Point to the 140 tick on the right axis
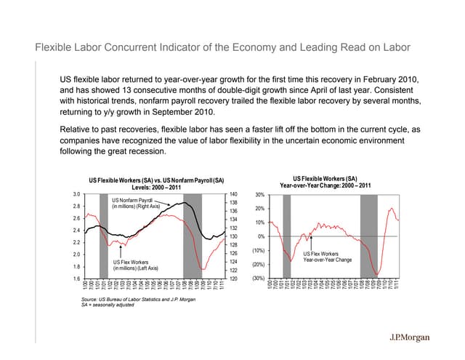232,194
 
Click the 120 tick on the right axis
232,279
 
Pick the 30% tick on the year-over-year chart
258,194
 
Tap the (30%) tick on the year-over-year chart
257,279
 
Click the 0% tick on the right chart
260,236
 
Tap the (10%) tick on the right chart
257,250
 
